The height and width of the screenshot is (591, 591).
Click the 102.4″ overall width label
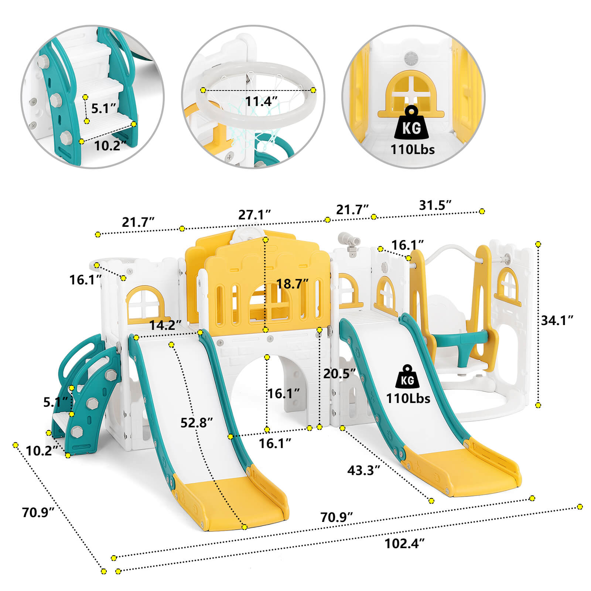404,543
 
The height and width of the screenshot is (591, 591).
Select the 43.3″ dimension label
363,470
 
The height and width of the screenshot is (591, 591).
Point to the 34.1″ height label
557,320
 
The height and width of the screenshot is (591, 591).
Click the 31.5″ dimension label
435,205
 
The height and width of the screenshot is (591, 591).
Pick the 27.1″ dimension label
254,215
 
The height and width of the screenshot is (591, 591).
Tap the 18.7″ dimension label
292,284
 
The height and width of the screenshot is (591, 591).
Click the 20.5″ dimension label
339,373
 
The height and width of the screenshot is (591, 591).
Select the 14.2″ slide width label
165,325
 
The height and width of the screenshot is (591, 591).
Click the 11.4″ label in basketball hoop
261,101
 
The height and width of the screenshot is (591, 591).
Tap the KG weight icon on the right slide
407,377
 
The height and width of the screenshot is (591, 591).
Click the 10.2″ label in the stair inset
107,146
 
